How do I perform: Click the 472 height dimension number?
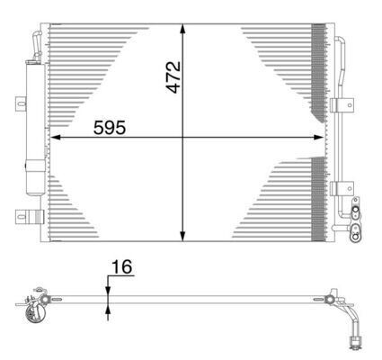[x=174, y=76]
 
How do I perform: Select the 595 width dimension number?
[x=110, y=128]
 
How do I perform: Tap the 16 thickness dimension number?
[x=121, y=267]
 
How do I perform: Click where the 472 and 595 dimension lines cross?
[x=183, y=138]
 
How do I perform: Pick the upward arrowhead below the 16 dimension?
[x=108, y=309]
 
